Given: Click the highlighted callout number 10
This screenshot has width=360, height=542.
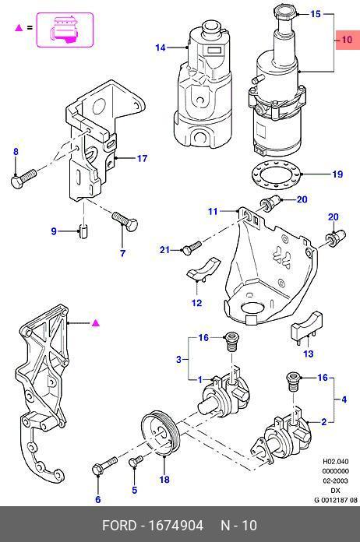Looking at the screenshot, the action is tap(347, 40).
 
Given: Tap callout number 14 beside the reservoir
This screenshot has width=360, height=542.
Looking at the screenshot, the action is tap(161, 48).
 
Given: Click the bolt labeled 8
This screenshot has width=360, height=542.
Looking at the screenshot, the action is tap(23, 178).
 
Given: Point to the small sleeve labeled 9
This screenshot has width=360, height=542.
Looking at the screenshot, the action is tap(84, 231).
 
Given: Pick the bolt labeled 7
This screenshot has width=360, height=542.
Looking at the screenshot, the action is tap(125, 221).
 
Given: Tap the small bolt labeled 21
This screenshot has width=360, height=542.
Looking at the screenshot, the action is tap(191, 248).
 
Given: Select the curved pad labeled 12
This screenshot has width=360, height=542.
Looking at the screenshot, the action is tap(203, 268).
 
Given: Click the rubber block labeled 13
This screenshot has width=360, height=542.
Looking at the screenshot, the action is tap(307, 326).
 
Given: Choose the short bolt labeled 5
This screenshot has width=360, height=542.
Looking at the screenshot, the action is tap(136, 461).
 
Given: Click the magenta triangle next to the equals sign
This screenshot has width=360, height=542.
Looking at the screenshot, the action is tap(19, 28).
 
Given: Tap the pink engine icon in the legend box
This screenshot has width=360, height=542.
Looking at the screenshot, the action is tap(65, 30).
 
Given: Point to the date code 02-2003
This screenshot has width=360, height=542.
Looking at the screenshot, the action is tap(335, 480).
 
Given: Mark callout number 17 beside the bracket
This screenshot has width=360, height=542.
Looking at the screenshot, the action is tap(142, 158).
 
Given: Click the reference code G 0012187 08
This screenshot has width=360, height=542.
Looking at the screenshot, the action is tap(335, 500).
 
